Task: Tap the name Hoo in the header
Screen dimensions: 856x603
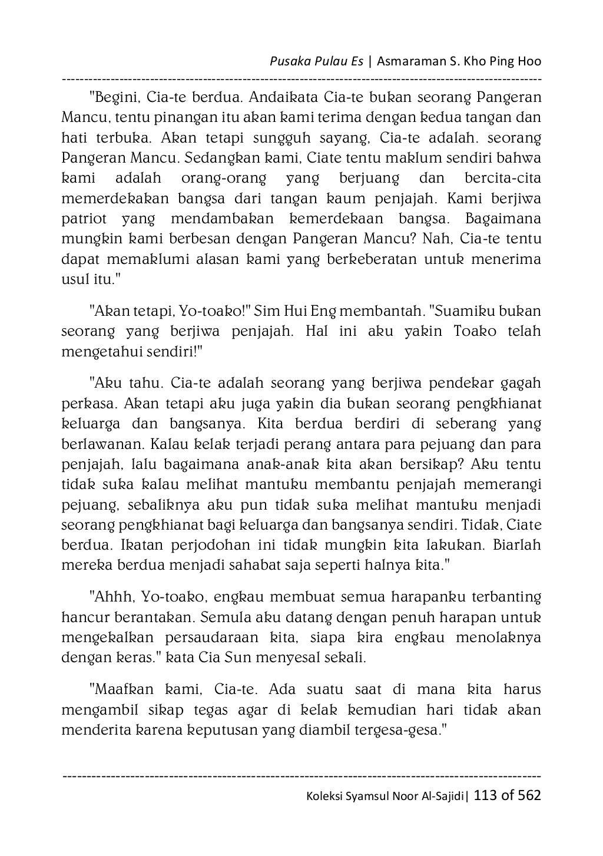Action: tap(528, 62)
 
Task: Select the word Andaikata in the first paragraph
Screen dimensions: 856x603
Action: tap(279, 97)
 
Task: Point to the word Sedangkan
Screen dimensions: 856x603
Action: tap(224, 158)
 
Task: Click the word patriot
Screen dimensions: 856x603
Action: tap(84, 219)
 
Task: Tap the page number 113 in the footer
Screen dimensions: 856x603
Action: tap(484, 795)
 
